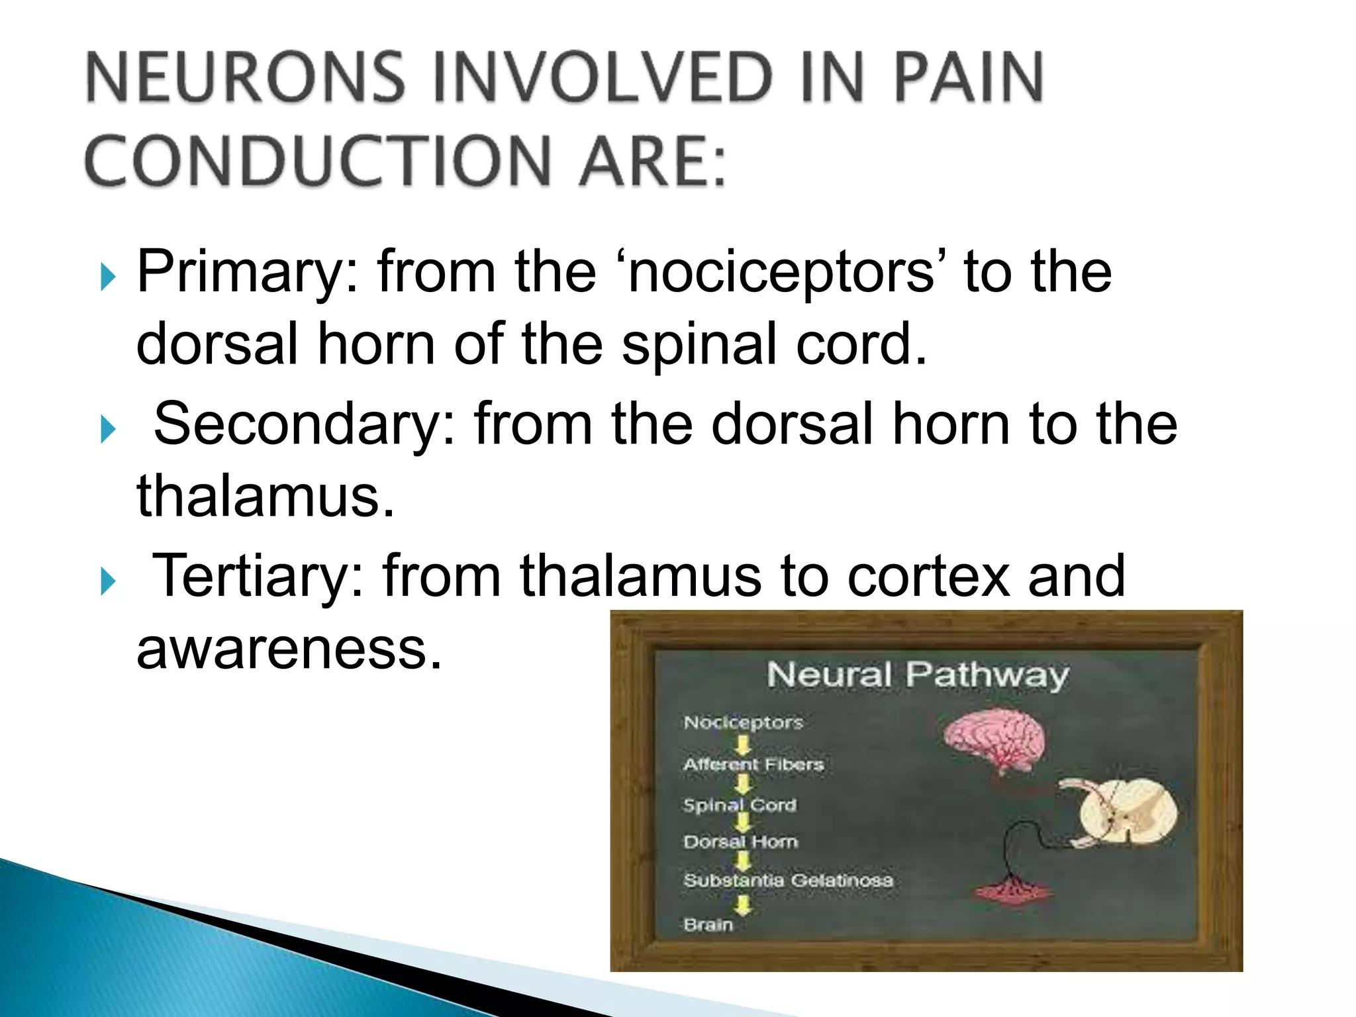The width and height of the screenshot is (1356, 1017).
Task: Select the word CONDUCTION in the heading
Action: coord(318,161)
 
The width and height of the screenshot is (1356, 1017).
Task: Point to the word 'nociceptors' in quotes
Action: coord(781,273)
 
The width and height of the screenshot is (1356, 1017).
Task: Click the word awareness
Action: coord(289,649)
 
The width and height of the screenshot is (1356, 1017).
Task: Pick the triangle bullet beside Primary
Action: coord(108,276)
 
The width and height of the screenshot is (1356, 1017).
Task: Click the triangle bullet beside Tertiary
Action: coord(108,581)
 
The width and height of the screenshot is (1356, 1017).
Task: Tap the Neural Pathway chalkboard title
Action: coord(918,675)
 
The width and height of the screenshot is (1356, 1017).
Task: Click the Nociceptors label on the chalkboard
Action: coord(743,722)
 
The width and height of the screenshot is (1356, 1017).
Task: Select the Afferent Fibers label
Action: coord(753,764)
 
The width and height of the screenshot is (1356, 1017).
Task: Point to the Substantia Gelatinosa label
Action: coord(788,881)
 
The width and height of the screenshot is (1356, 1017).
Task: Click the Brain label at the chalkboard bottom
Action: coord(708,924)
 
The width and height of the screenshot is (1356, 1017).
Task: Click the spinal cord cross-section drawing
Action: coord(1126,813)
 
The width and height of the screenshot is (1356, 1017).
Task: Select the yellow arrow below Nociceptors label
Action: coord(744,745)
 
